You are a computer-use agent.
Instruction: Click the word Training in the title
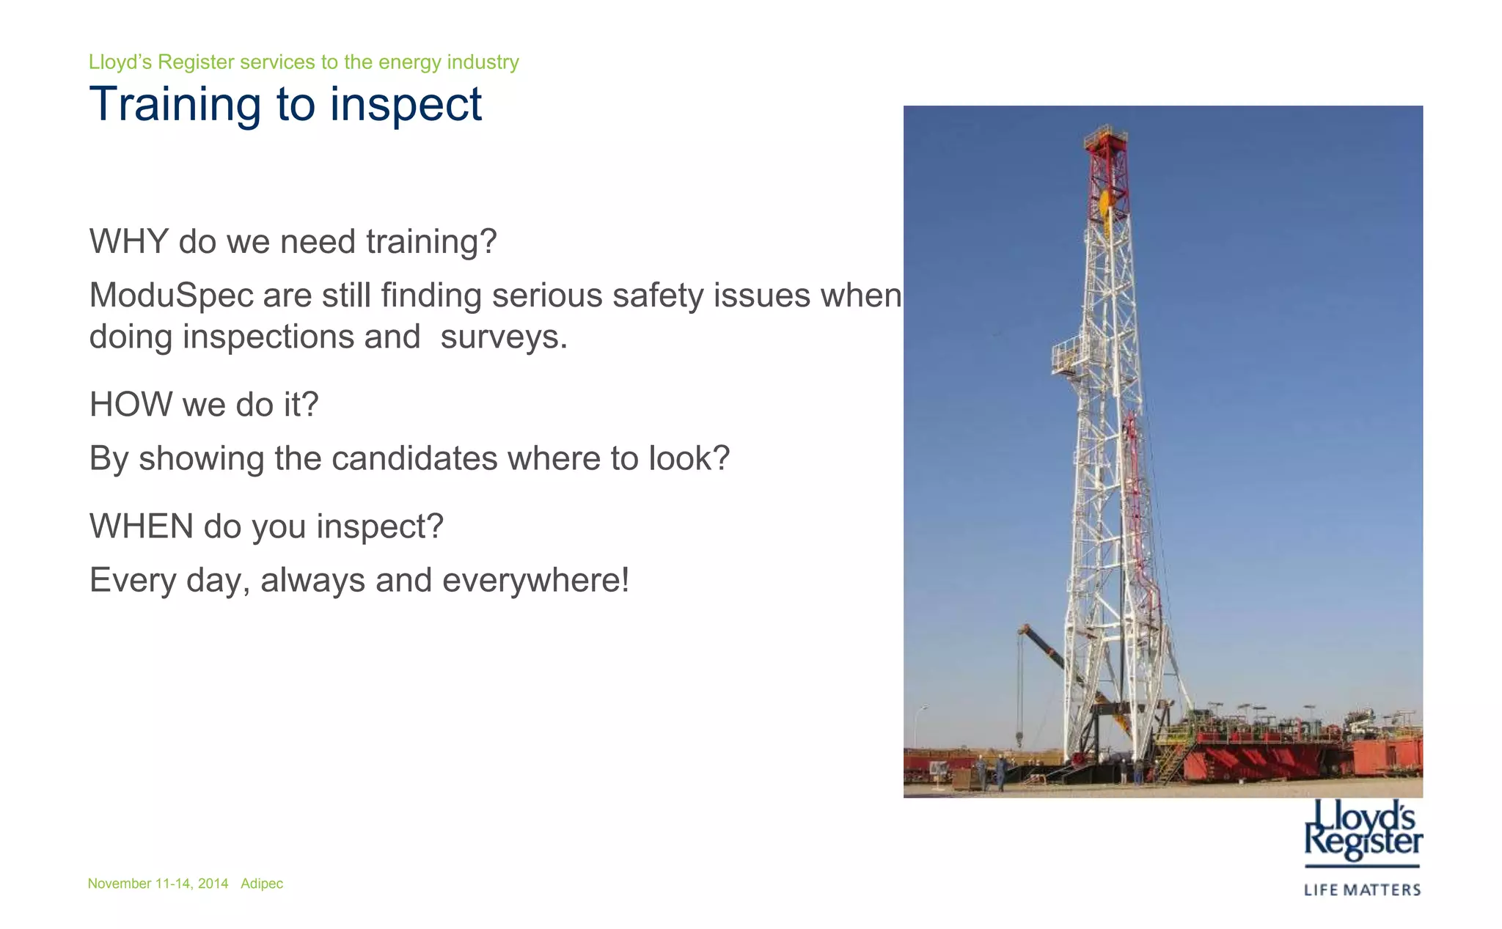click(175, 104)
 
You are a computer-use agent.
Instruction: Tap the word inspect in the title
click(406, 104)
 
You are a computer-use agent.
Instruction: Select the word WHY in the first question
click(129, 241)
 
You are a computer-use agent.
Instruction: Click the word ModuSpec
click(172, 295)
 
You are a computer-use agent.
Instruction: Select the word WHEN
click(142, 526)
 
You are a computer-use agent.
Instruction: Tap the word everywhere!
click(535, 580)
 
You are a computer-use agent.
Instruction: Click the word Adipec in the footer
click(262, 884)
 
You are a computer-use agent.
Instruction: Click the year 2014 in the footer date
click(213, 884)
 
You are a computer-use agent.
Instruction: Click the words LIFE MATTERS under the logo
click(1362, 890)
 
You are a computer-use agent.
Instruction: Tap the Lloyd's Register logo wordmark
click(1363, 830)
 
